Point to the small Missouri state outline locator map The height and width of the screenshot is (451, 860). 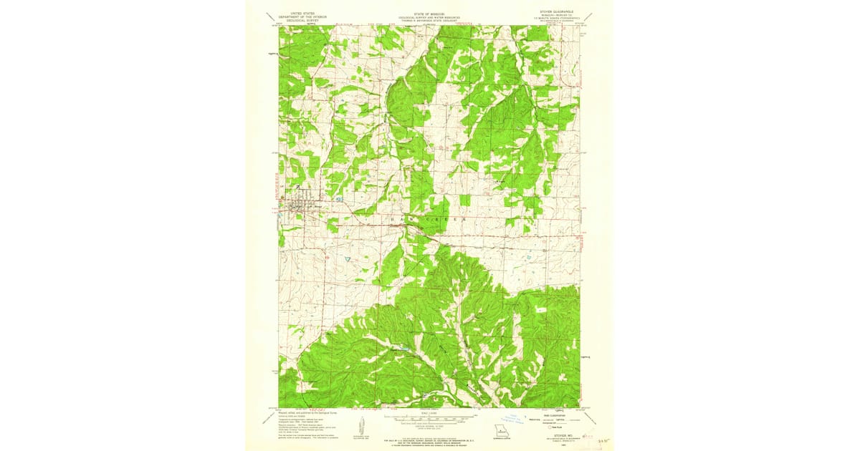500,432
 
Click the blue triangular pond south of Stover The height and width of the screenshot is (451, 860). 347,258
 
